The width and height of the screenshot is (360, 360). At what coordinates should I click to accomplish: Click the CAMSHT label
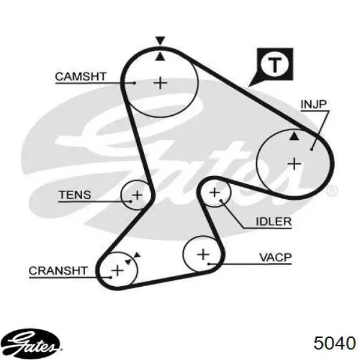click(80, 76)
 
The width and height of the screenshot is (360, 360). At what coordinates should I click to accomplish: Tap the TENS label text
click(75, 195)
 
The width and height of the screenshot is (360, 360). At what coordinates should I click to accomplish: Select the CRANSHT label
click(58, 271)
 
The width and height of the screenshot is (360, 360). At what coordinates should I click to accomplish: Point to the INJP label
click(313, 104)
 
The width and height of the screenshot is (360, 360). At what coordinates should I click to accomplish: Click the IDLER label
click(274, 221)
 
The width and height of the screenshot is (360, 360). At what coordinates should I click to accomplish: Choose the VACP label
click(275, 257)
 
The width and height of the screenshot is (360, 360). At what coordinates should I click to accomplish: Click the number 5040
click(334, 343)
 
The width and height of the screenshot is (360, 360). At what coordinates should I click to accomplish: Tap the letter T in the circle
click(275, 65)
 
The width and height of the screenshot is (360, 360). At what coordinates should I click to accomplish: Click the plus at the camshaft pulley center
click(160, 83)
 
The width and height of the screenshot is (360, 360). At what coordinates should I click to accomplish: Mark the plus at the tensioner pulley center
click(137, 195)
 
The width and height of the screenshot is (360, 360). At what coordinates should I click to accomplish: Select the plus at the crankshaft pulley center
click(118, 270)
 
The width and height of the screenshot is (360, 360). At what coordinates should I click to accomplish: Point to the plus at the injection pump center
click(295, 164)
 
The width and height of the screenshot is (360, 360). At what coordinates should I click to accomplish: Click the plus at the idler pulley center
click(215, 193)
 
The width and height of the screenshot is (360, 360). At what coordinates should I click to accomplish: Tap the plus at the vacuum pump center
click(203, 254)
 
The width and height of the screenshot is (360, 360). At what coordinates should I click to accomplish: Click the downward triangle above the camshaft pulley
click(160, 40)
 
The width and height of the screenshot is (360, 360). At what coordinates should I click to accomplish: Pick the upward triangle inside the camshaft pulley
click(160, 57)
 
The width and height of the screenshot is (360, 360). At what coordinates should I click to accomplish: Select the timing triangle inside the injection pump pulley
click(294, 136)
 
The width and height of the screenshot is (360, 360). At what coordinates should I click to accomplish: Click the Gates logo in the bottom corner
click(31, 344)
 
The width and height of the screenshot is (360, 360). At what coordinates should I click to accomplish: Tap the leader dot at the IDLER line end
click(221, 200)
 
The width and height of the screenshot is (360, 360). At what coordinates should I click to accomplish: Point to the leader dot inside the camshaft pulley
click(135, 83)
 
